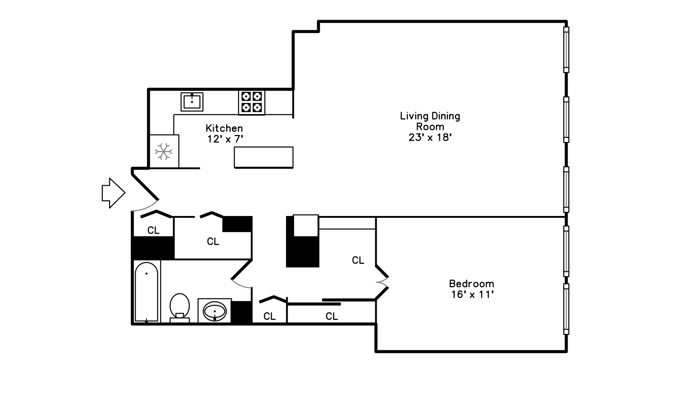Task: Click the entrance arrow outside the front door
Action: tap(113, 193)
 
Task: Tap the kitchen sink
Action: tap(192, 102)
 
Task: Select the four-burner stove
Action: tap(252, 102)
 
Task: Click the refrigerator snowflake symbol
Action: tap(164, 151)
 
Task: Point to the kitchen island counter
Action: tap(264, 157)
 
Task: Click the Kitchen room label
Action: tap(224, 128)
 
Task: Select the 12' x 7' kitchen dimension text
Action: tap(225, 139)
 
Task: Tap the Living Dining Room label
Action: tap(430, 121)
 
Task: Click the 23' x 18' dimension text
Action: tap(430, 138)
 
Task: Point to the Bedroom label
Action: tap(471, 283)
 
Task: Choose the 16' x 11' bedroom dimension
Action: tap(472, 294)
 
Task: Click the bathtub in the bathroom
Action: tap(147, 292)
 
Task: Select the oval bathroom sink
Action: tap(215, 311)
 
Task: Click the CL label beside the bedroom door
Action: tap(358, 260)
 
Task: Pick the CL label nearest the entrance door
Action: tap(153, 230)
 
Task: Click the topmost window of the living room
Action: tap(566, 50)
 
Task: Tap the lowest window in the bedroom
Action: tap(566, 309)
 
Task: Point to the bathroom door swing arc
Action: tap(241, 285)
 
